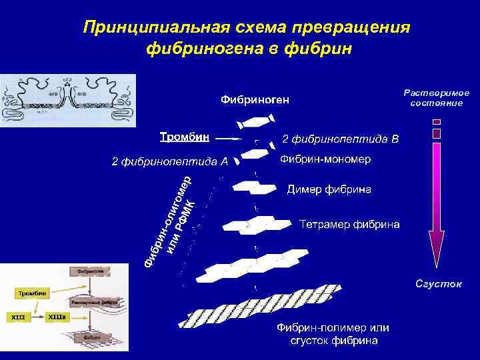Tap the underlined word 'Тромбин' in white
coord(184,137)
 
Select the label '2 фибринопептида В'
coord(341,139)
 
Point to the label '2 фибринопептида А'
coord(169,161)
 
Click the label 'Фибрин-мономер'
coord(325,160)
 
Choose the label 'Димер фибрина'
coord(329,190)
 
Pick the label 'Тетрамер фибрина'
coord(349,224)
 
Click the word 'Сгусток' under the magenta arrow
coord(438,284)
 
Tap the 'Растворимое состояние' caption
coord(437,97)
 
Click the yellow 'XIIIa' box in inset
coord(56,317)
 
